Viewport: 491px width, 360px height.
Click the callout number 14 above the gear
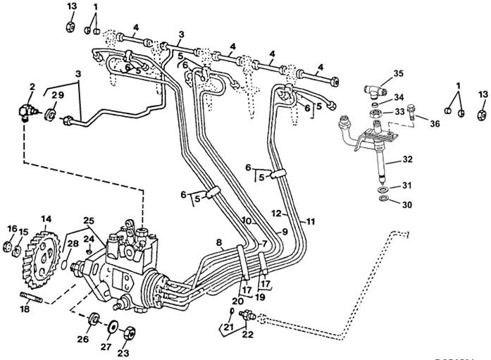[x=46, y=219]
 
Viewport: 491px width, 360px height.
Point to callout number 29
[x=58, y=94]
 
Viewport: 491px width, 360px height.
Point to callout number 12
[x=277, y=213]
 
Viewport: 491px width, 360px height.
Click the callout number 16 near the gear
[x=11, y=228]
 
